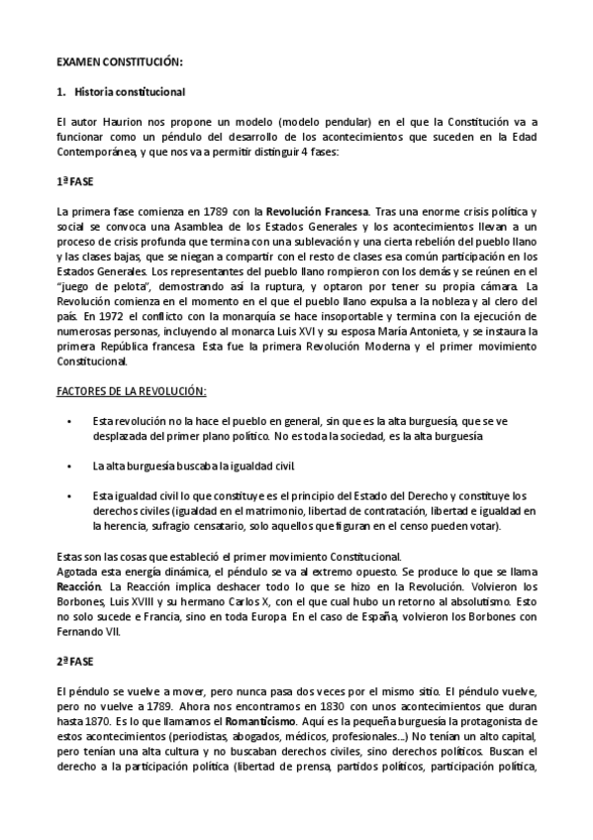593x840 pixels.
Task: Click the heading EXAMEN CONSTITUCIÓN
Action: tap(119, 61)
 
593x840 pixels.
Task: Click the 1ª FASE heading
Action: tap(75, 183)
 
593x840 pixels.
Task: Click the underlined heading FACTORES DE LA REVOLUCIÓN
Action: tap(132, 391)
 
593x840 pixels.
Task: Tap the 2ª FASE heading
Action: tap(75, 663)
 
